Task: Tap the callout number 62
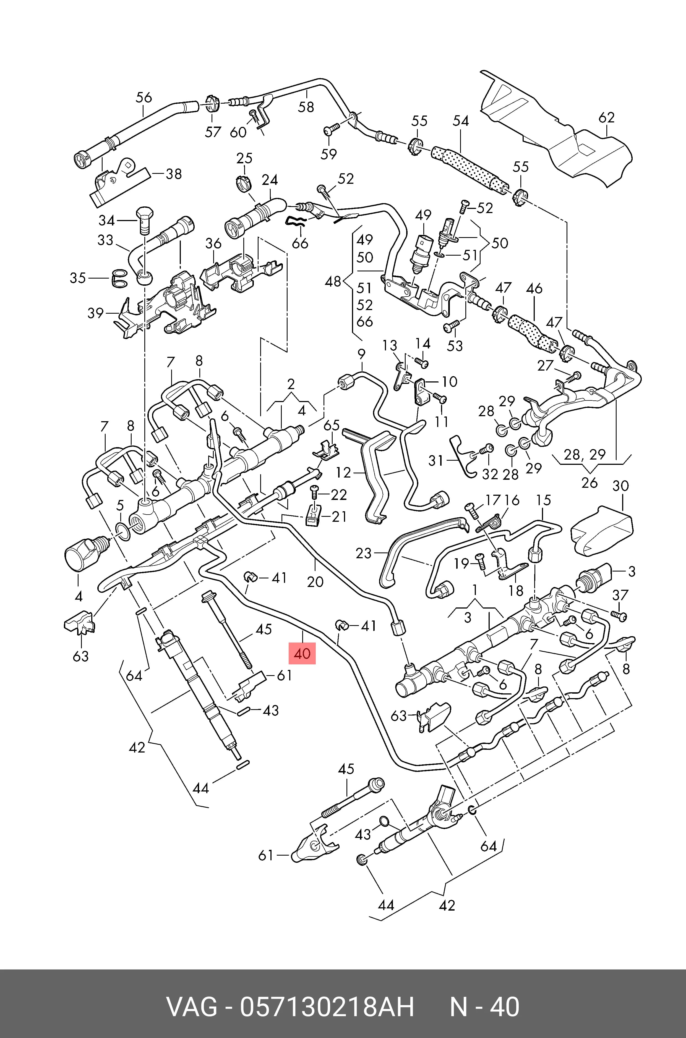pos(606,117)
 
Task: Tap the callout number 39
pos(95,313)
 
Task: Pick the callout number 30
pos(620,486)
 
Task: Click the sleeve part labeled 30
pos(602,531)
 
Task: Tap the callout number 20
pos(315,581)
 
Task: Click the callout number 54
pos(460,121)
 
